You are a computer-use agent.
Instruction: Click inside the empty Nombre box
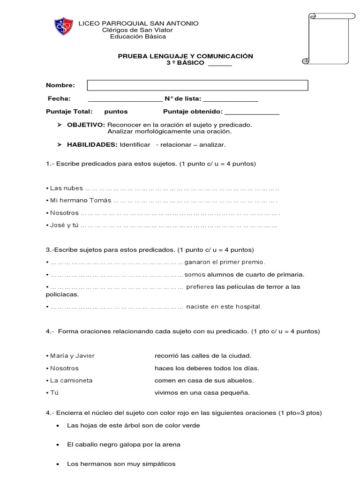tap(197, 85)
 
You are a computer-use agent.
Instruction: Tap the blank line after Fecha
tap(125, 100)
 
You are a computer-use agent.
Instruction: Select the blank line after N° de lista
tap(231, 100)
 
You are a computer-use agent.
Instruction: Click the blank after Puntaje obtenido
tap(252, 113)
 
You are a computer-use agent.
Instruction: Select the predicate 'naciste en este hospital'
tap(224, 307)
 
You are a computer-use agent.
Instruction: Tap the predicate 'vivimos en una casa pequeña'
tap(202, 393)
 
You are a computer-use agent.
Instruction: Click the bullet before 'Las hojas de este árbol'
tap(57, 426)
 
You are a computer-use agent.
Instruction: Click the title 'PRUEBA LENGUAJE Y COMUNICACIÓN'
tap(185, 56)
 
